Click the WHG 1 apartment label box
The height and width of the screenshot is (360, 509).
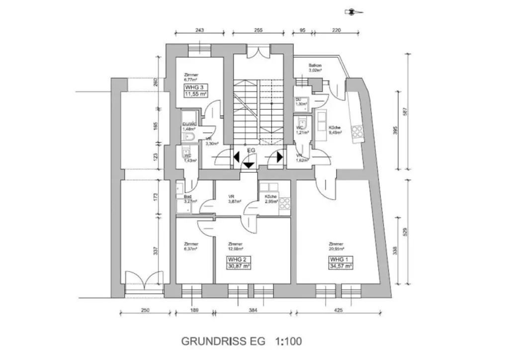tap(340, 263)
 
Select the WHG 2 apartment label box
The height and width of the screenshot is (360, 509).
tap(238, 263)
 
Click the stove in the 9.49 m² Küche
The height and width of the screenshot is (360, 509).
tap(357, 132)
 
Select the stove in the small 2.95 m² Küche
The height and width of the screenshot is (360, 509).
tap(285, 203)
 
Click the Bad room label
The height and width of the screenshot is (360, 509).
tap(180, 196)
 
